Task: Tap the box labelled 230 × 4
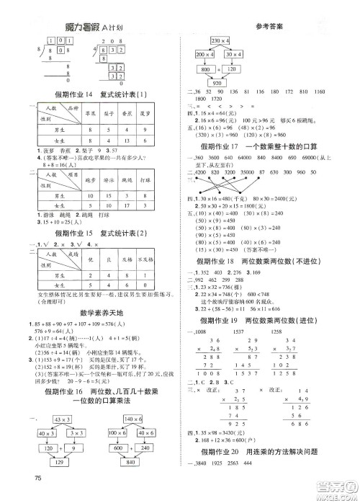point(217,40)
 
